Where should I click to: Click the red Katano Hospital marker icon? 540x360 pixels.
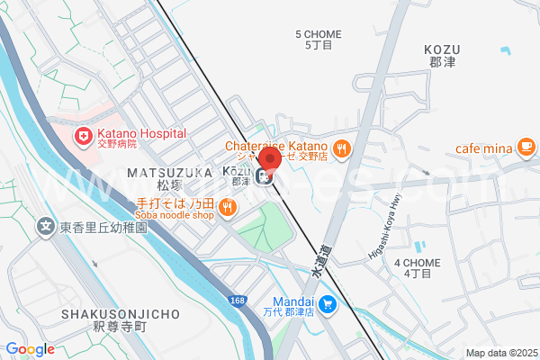84,137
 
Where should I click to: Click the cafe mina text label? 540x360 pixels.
483,148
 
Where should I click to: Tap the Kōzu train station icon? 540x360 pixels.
267,176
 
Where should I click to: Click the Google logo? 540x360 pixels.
30,349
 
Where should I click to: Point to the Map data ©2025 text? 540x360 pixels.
499,352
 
